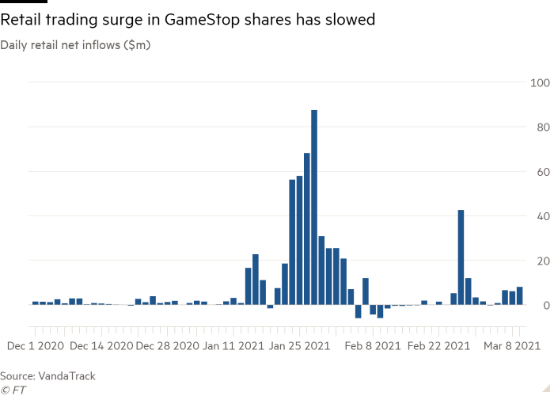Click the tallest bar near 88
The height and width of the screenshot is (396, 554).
click(314, 206)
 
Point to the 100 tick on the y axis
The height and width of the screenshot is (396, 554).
click(540, 82)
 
